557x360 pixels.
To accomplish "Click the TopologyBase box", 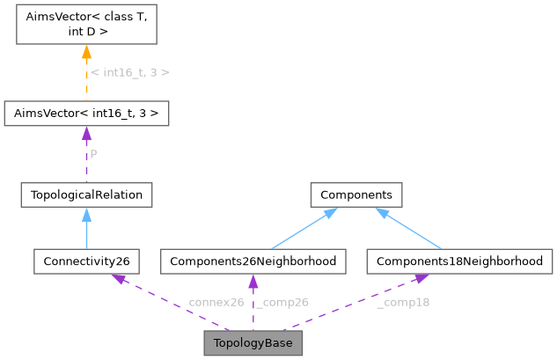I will point(253,343).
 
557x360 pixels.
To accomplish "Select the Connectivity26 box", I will point(86,261).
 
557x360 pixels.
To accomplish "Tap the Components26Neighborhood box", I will point(253,261).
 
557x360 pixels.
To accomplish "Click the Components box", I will point(355,194).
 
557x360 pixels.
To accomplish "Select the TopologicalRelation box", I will point(86,194).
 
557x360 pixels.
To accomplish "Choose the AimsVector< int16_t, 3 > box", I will point(86,114).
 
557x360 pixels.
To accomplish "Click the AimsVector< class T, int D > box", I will point(86,26).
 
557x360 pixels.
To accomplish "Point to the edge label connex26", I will point(216,302).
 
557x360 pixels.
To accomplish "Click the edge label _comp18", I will point(403,302).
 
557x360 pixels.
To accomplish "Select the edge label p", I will point(94,153).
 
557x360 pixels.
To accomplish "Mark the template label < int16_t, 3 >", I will point(130,71).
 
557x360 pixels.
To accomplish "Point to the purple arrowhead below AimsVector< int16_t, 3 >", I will point(86,134).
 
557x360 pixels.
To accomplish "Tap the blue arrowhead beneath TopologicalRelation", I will point(86,214).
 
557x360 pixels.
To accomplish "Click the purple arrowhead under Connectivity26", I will point(117,279).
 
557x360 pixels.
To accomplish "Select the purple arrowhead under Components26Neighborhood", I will point(253,282).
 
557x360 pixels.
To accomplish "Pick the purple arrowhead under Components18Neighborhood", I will point(421,279).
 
